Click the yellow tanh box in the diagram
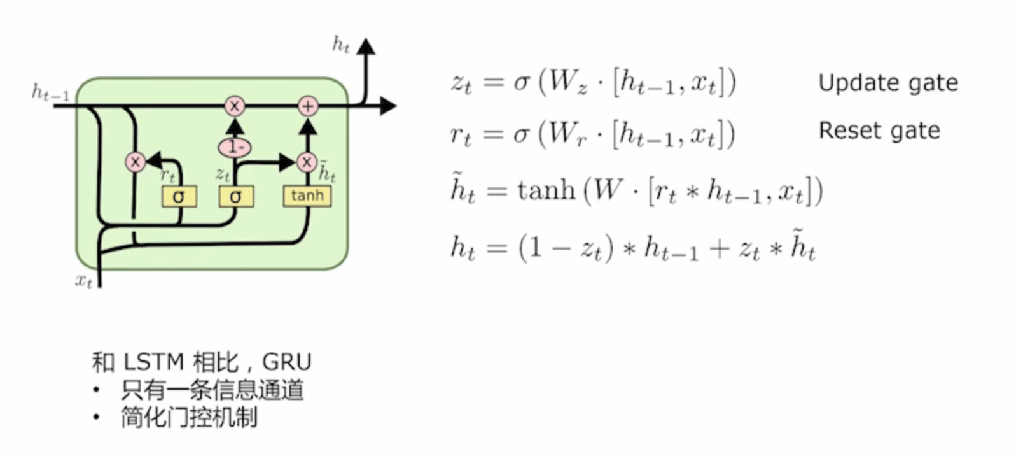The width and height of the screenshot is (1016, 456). coord(307,196)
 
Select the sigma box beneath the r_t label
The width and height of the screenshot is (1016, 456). coord(179,196)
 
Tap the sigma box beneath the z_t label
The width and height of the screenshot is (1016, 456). coord(236,196)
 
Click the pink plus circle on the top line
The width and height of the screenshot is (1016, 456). coord(308,106)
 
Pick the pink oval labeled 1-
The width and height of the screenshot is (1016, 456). coord(235,147)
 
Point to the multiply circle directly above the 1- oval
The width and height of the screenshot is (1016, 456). coord(235,106)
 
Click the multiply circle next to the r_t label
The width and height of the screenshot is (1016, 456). coord(135,162)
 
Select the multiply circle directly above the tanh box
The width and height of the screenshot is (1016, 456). coord(307,162)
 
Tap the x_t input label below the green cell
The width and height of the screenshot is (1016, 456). coord(84,280)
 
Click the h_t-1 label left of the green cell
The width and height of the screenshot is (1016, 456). coord(50,93)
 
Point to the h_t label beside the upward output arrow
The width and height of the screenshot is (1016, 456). coord(341,45)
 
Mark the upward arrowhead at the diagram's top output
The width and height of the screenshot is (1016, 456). coord(366,46)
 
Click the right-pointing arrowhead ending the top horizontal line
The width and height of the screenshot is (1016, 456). coord(387,106)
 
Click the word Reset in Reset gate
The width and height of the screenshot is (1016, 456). coord(846,131)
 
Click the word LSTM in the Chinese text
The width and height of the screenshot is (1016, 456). coord(153,362)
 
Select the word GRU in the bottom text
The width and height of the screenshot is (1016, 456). coord(287,362)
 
